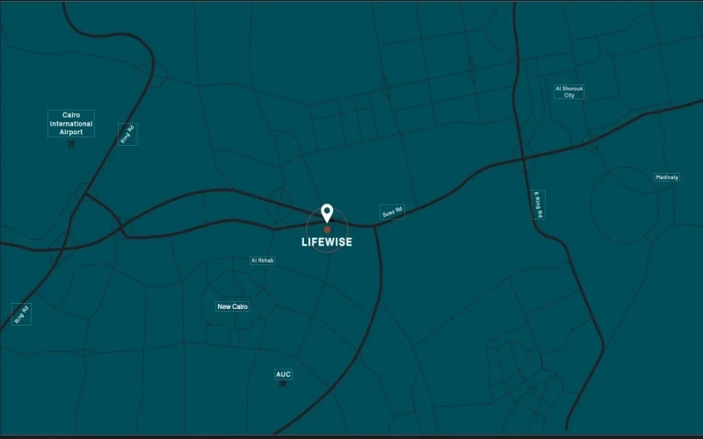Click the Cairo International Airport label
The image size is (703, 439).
pos(71,123)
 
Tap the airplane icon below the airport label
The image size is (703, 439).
pos(71,144)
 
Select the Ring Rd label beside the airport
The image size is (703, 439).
pos(128,133)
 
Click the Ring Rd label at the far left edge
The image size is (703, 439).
pos(21,314)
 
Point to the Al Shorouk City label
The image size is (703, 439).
pos(569,91)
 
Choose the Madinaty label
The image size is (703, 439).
pos(667,177)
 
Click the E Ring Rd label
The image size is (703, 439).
pos(539,204)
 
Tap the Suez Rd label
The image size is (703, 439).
pos(392,212)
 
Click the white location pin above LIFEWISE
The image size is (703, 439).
pos(327,212)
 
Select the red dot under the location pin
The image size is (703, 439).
pos(327,230)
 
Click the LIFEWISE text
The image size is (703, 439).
pos(327,242)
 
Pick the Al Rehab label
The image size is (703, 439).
pos(262,261)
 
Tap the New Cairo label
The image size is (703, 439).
pos(233,306)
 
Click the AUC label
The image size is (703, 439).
pos(283,375)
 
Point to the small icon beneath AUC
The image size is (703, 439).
pos(283,385)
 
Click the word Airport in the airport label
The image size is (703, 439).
pos(71,132)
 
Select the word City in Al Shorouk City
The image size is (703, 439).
pos(569,96)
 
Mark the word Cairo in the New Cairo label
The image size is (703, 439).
pos(239,306)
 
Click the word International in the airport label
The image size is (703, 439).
pos(71,124)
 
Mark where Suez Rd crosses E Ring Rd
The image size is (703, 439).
pos(524,159)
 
